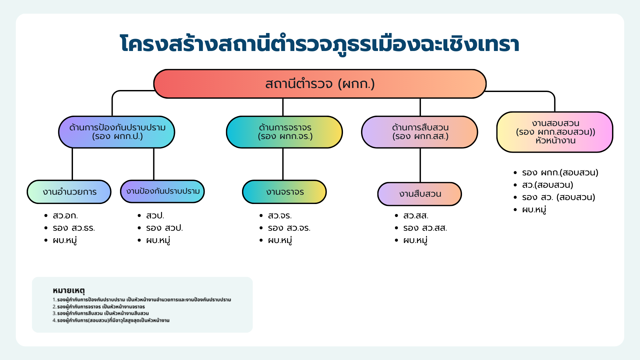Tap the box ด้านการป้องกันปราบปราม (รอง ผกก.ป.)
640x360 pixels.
point(117,132)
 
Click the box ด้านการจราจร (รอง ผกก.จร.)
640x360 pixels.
point(284,132)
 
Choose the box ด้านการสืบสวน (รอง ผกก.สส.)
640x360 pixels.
point(420,132)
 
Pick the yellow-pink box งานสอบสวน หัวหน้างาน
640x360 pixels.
point(555,132)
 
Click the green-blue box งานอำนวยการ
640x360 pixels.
point(69,192)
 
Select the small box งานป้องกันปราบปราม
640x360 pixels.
point(162,191)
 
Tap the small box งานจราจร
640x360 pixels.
point(284,192)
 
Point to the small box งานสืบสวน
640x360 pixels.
point(420,194)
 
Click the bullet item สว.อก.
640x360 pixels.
point(65,216)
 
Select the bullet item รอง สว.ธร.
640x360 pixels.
point(74,228)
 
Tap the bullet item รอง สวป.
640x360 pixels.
point(164,228)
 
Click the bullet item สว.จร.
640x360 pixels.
point(280,216)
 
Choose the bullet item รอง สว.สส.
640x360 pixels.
point(425,228)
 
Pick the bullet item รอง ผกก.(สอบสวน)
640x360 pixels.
point(560,173)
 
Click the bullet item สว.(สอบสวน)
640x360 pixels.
point(547,185)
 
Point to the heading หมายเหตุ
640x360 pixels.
point(69,291)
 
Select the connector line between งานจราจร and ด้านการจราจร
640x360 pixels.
point(283,164)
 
